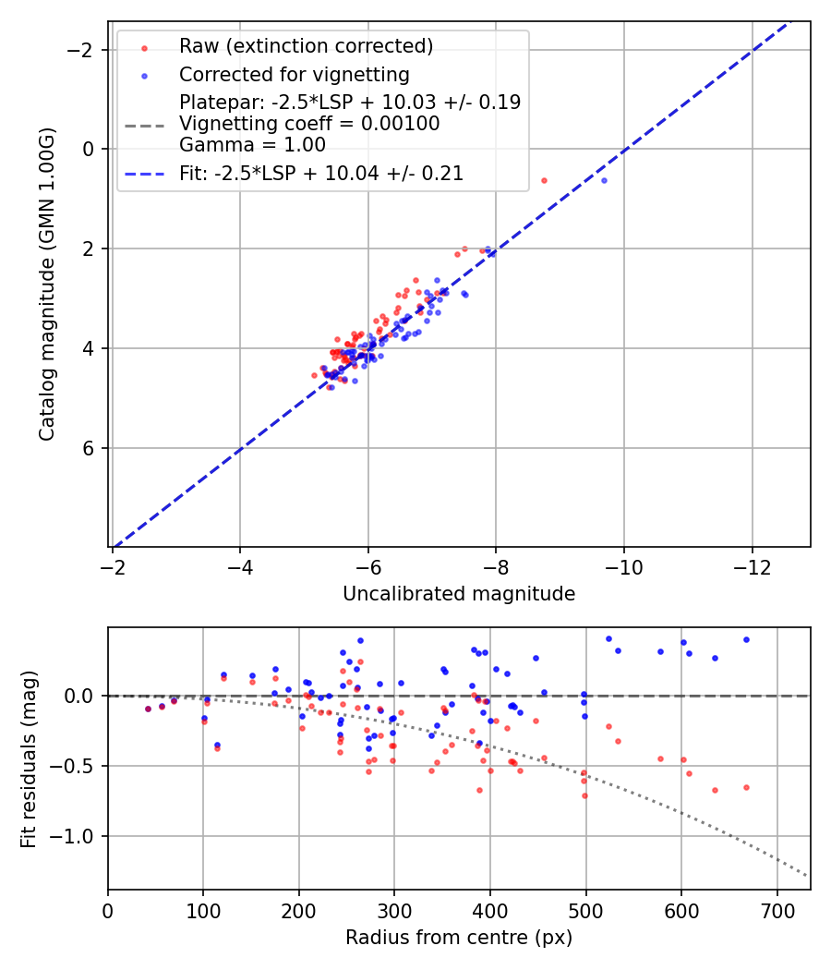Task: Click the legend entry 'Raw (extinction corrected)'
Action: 306,46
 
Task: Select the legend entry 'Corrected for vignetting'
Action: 294,74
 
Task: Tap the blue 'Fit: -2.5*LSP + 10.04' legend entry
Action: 320,173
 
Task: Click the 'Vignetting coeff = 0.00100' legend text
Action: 309,124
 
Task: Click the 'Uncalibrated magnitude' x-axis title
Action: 459,594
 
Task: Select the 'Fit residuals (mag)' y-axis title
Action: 30,758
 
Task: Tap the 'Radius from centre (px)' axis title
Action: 459,938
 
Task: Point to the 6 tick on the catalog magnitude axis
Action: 90,448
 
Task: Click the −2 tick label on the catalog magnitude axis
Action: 83,49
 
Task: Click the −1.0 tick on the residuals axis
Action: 78,836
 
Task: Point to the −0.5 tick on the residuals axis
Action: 78,766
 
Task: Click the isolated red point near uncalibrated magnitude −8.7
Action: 544,180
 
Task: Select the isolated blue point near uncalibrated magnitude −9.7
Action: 604,180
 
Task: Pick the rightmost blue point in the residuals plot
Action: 746,639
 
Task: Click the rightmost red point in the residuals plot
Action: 746,787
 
